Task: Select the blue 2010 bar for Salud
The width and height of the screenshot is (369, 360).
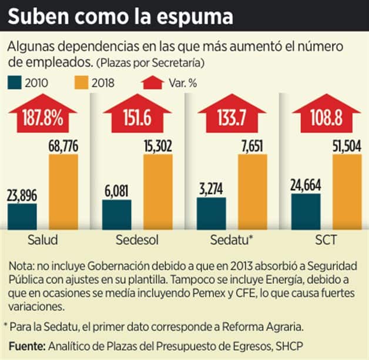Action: [22, 216]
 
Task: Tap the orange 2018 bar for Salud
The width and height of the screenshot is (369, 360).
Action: [64, 191]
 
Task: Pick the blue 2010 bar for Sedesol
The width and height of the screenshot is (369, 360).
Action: [117, 214]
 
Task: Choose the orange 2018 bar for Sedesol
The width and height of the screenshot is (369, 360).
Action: [158, 191]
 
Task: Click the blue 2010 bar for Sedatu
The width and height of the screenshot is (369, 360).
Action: [211, 213]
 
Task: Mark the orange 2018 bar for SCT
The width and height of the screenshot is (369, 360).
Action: [347, 191]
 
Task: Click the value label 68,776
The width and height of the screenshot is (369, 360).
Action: [63, 146]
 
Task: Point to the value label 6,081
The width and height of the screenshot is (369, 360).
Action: [117, 192]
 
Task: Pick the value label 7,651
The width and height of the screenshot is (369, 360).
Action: [253, 146]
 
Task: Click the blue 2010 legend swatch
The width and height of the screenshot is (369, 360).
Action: [15, 82]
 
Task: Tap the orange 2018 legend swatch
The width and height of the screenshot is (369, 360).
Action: [81, 82]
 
